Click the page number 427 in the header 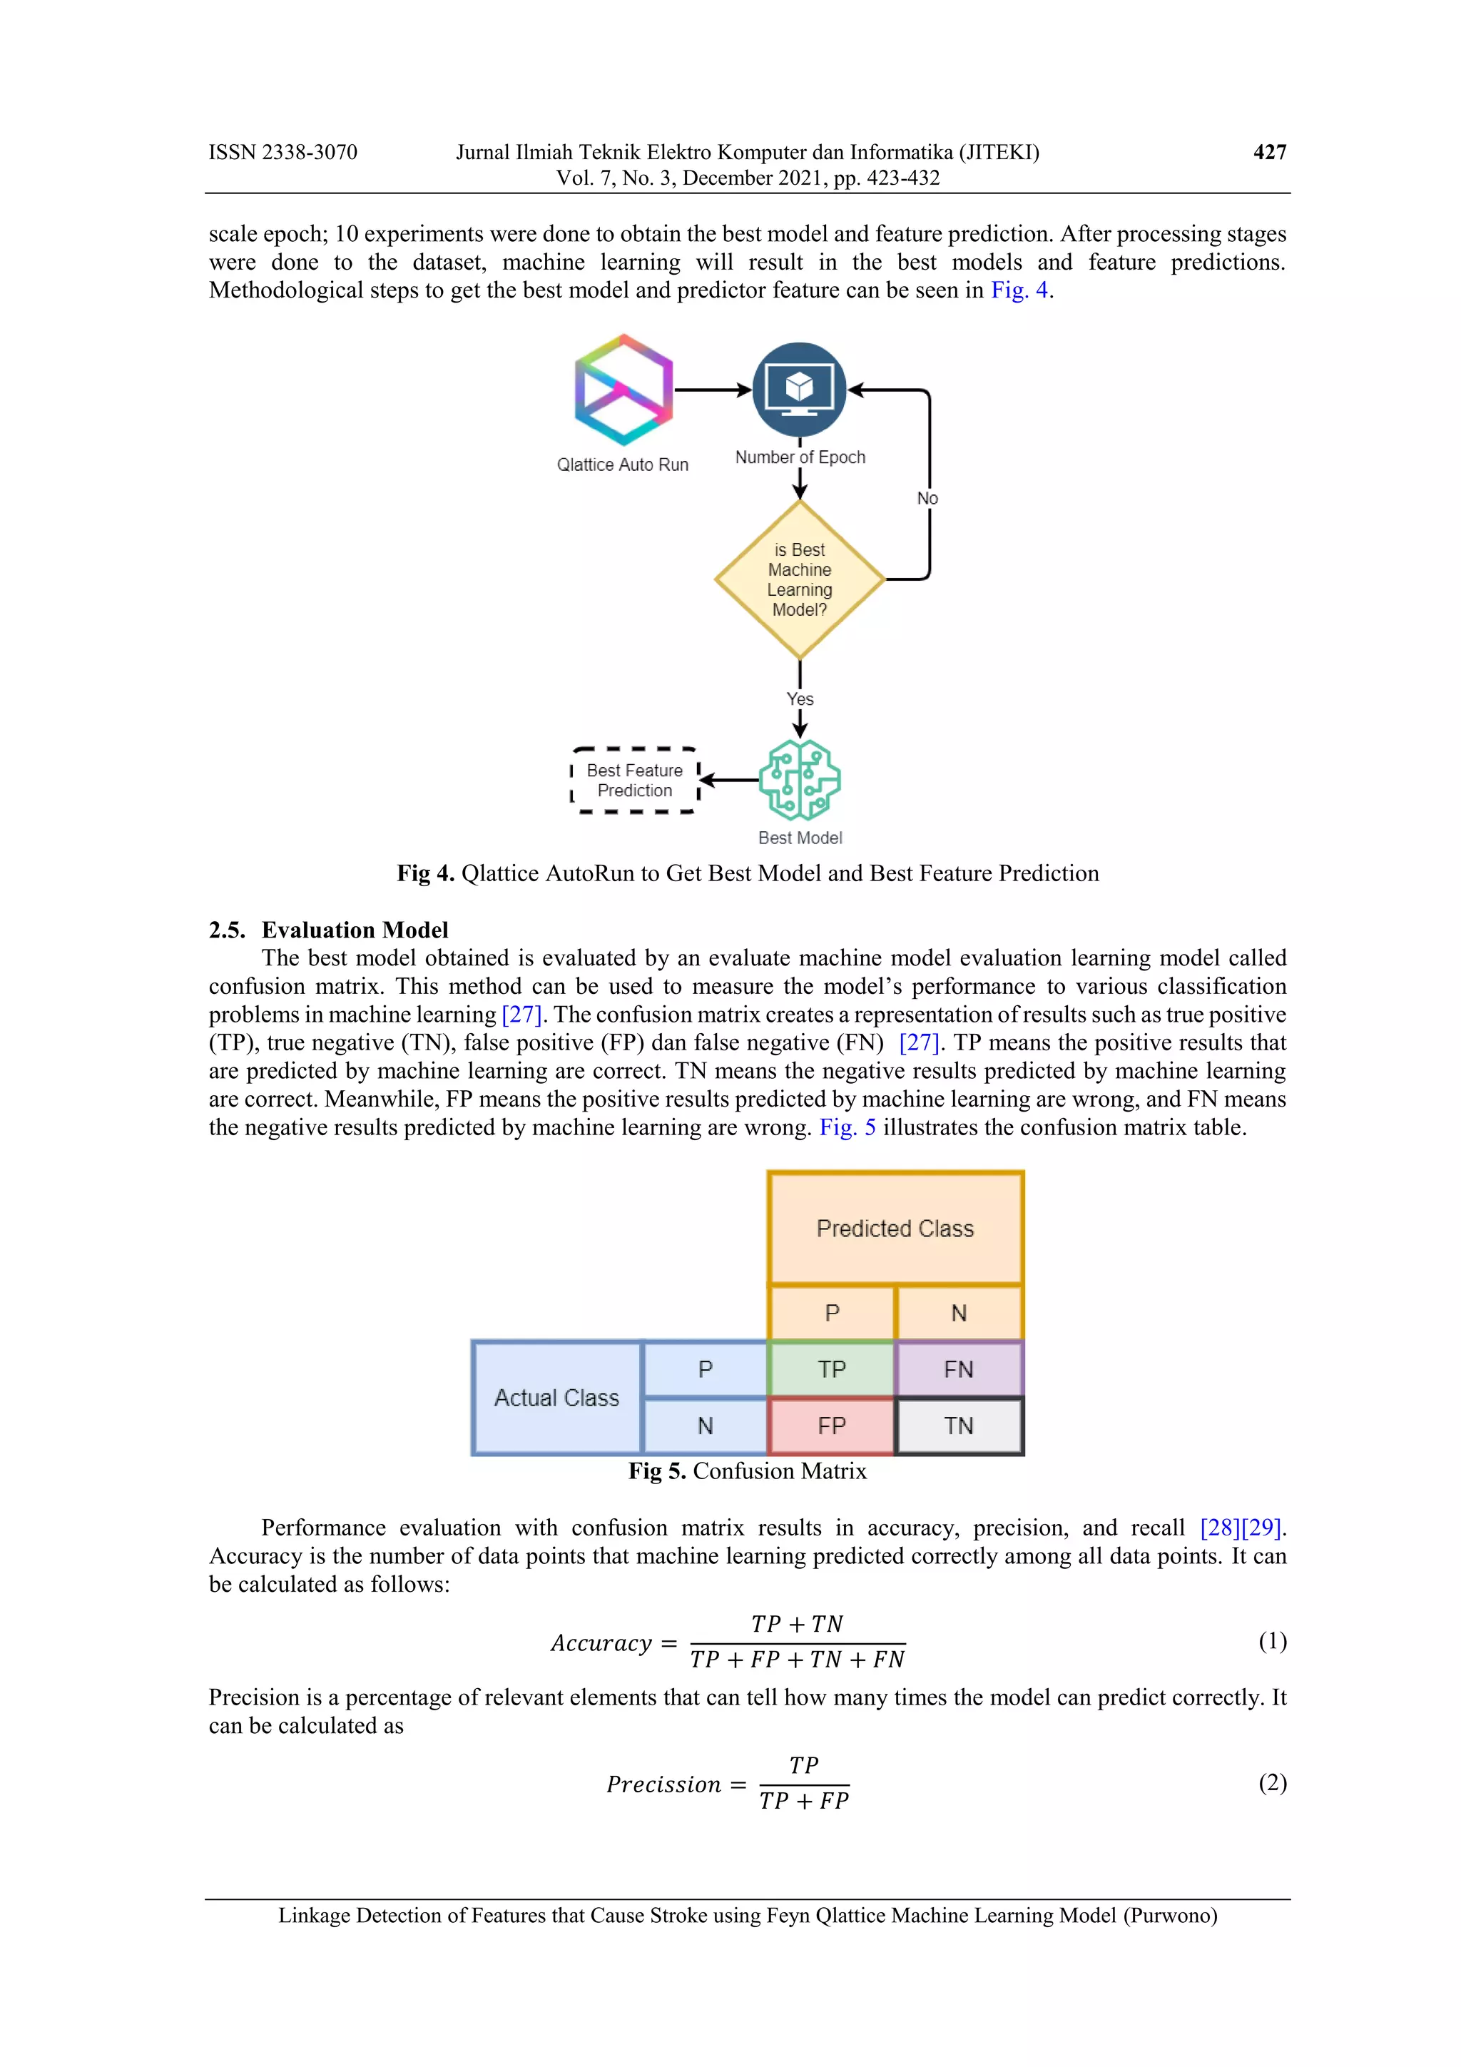coord(1269,152)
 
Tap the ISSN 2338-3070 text coord(282,152)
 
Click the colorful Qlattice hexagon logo coord(623,390)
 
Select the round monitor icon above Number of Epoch coord(798,389)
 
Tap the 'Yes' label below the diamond coord(800,699)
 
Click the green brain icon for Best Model coord(800,780)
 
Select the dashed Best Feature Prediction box coord(635,781)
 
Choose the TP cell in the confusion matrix coord(832,1369)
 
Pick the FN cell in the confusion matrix coord(958,1369)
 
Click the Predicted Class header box coord(895,1229)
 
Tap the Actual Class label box coord(556,1397)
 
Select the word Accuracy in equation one coord(601,1643)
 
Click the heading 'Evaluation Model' coord(355,930)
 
